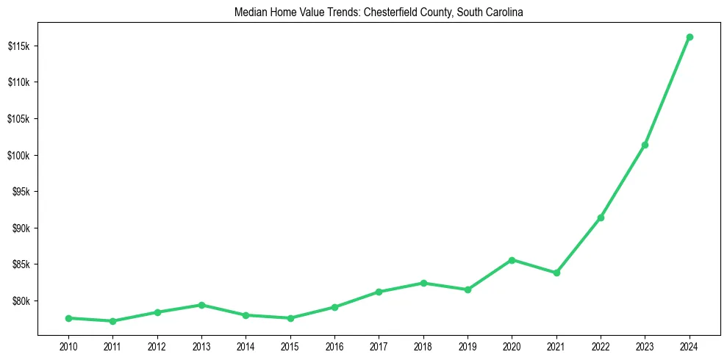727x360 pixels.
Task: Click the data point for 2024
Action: pyautogui.click(x=690, y=37)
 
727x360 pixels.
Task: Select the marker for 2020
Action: pyautogui.click(x=512, y=260)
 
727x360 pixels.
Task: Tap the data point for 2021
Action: pyautogui.click(x=556, y=273)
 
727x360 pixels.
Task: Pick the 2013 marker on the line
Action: pyautogui.click(x=201, y=305)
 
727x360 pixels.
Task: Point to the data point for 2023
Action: pyautogui.click(x=645, y=145)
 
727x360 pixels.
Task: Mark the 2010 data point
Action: pyautogui.click(x=68, y=318)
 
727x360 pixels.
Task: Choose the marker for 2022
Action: pyautogui.click(x=601, y=217)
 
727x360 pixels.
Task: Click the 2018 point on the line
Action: pyautogui.click(x=423, y=283)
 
